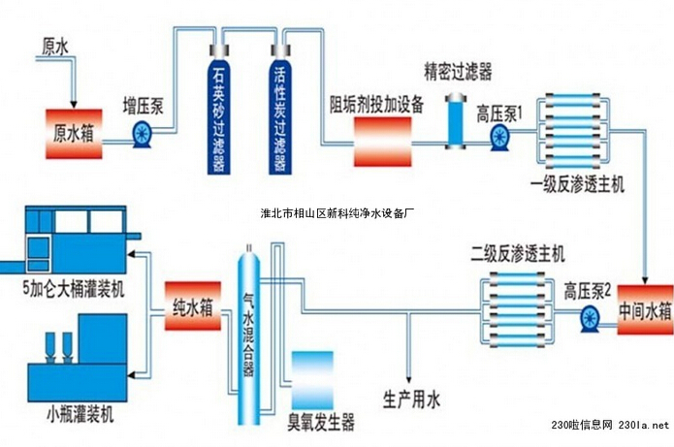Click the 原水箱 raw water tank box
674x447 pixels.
point(74,134)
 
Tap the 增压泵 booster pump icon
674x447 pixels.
point(142,135)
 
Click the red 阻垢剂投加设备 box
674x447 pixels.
point(382,142)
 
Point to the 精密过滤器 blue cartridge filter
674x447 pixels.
point(456,121)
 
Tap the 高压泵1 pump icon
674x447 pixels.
point(499,137)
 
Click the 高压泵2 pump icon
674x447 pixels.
point(591,318)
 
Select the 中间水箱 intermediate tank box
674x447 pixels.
point(645,310)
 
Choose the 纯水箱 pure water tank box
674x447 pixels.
point(193,306)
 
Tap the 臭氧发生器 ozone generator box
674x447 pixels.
point(312,381)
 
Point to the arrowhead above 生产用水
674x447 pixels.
point(409,379)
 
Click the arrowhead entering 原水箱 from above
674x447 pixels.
point(74,104)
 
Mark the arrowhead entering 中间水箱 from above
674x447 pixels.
point(645,280)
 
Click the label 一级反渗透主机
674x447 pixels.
point(577,185)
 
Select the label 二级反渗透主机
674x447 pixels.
point(518,254)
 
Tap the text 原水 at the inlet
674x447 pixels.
point(55,47)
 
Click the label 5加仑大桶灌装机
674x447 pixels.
point(74,288)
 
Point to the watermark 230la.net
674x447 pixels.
point(644,425)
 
